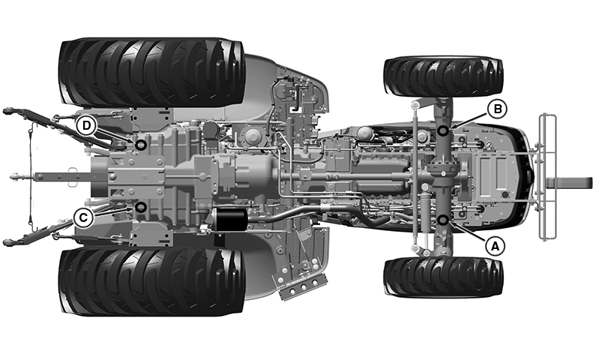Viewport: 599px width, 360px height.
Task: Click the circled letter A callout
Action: point(495,247)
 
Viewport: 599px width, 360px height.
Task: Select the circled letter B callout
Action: point(497,109)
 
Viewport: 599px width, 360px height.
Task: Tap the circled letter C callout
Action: point(83,218)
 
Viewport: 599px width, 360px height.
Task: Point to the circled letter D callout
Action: point(86,125)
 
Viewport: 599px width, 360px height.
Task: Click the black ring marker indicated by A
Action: point(443,220)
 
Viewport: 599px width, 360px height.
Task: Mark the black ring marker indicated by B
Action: point(443,131)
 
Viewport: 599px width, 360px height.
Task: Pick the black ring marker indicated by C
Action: point(141,208)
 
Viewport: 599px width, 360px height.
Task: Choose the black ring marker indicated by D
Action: point(141,145)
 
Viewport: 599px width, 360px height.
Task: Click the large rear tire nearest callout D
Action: point(151,72)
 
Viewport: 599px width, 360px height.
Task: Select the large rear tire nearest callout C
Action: point(151,282)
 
